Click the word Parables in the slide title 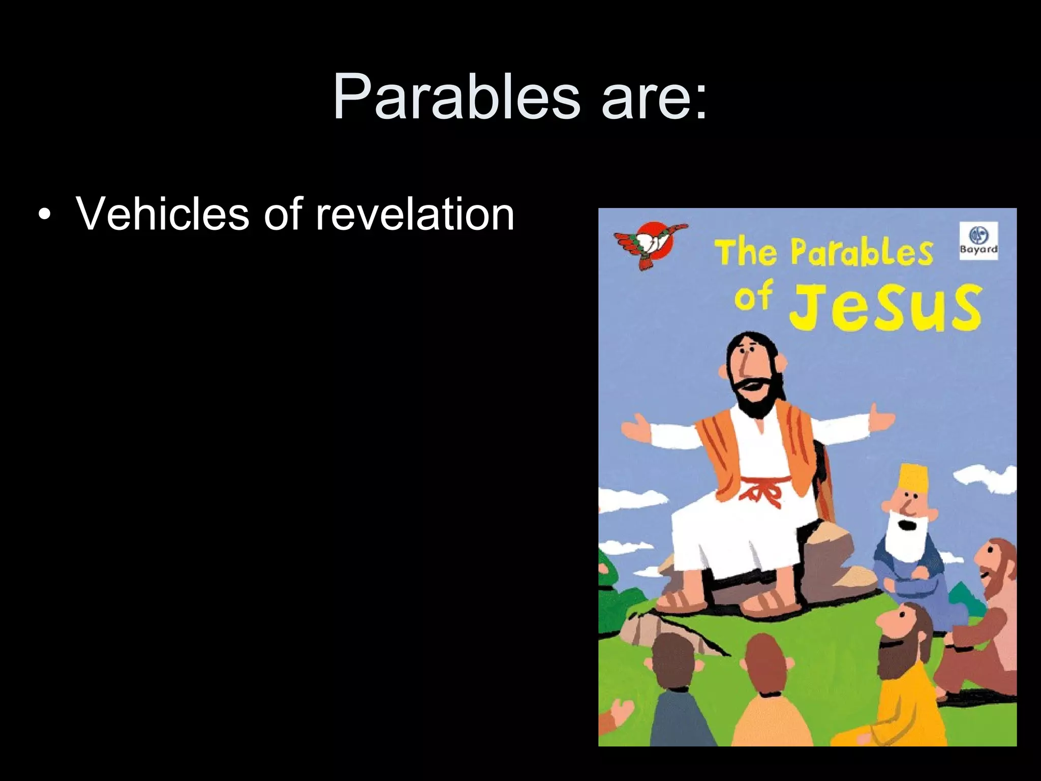pos(456,97)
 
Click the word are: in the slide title pos(654,97)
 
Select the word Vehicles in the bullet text pos(162,214)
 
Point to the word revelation pos(414,214)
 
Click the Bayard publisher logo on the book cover pos(978,241)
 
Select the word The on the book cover pos(746,252)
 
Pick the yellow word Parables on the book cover pos(862,252)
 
